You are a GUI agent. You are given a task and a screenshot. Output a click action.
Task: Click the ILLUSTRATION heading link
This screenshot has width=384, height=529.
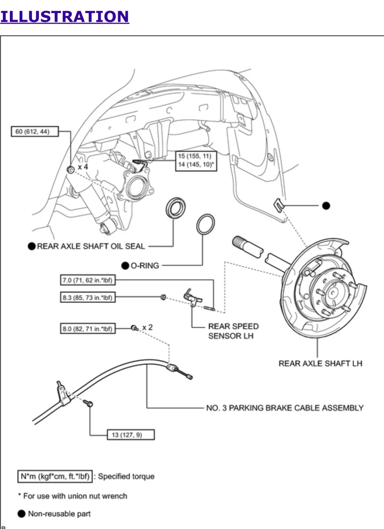coord(64,17)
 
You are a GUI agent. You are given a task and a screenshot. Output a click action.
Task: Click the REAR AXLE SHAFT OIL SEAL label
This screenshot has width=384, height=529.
coord(91,246)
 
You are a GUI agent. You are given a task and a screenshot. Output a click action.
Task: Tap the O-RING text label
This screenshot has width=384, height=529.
coord(145,266)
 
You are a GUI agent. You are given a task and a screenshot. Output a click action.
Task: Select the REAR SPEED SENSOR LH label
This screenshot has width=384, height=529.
coord(233,331)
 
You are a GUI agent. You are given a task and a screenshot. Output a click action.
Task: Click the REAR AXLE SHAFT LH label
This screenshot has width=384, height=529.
coord(320,363)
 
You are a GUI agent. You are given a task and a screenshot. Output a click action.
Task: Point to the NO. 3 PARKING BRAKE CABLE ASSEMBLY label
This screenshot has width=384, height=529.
coord(285,408)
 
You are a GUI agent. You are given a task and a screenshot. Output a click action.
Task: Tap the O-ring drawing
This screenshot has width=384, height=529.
coord(206,224)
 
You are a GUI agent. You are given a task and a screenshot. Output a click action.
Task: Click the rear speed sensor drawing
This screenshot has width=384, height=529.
coord(192,297)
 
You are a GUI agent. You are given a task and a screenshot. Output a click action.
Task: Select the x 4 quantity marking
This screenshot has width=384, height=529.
coord(83,167)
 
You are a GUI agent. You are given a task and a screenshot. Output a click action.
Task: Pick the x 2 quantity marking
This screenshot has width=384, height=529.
coord(147,328)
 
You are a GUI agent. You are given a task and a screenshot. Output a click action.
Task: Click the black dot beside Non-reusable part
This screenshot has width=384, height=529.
coord(22,514)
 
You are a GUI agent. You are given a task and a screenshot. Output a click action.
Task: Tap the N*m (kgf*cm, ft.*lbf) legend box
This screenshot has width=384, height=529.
coord(55,476)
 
